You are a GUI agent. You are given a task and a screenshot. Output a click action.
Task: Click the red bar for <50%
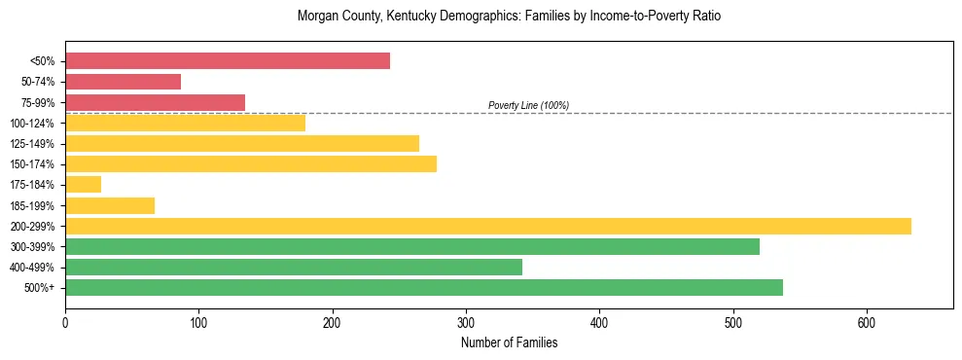(228, 61)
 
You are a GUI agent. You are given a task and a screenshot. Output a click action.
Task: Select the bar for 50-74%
(123, 82)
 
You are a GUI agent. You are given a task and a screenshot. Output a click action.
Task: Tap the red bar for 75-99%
(155, 102)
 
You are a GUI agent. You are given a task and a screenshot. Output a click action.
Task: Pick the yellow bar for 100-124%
(185, 123)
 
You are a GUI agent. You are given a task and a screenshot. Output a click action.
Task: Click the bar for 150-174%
(251, 163)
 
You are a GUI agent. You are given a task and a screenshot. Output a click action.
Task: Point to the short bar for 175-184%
(83, 185)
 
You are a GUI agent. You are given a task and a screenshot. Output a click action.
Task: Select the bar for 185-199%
(110, 205)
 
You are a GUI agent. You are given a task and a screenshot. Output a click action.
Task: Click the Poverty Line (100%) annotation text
(528, 105)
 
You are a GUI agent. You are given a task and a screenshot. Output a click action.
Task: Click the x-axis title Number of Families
(509, 342)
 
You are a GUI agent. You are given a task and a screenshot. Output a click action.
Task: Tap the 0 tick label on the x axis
(65, 323)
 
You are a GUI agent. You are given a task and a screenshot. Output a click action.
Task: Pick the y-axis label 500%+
(40, 288)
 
